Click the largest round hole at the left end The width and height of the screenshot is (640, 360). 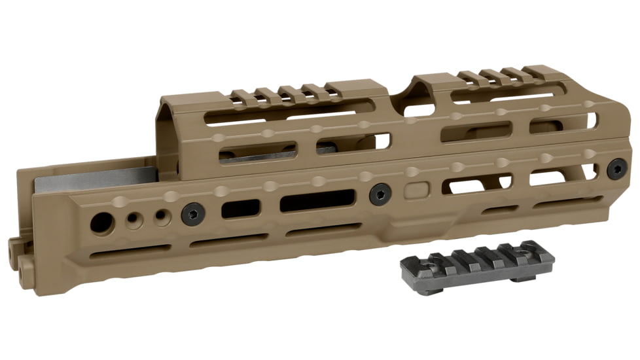[x=101, y=221]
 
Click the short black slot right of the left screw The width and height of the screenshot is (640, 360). [x=240, y=209]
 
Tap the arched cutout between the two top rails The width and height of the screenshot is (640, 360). [x=397, y=98]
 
